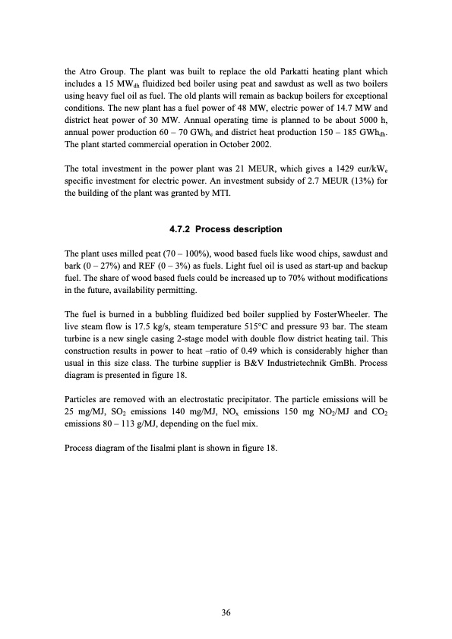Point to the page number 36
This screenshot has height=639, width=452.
tap(226, 612)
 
